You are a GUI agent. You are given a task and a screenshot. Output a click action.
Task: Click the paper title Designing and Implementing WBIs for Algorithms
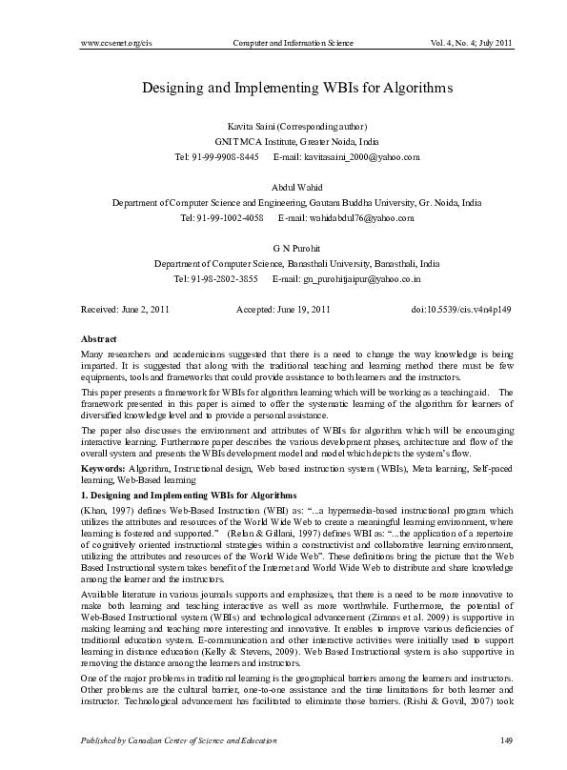295,87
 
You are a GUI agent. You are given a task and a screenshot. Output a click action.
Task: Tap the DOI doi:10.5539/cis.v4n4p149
461,311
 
